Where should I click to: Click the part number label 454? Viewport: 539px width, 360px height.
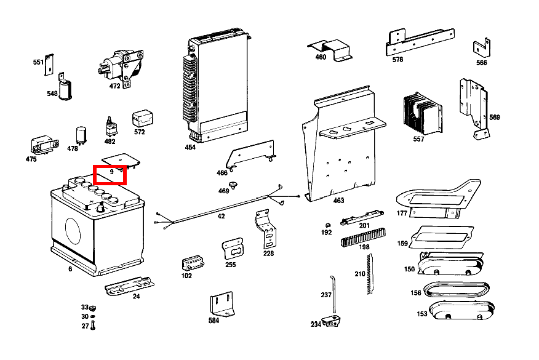[x=190, y=148]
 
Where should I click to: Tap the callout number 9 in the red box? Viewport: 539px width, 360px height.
[x=111, y=172]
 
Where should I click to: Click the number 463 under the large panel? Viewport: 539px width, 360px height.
[x=338, y=201]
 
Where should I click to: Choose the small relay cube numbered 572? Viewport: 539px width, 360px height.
[x=143, y=118]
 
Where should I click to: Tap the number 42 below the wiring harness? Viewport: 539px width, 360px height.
[x=221, y=217]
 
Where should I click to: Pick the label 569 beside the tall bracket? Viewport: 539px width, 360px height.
[x=494, y=118]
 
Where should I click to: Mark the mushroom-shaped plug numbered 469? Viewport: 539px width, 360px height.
[x=233, y=184]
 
